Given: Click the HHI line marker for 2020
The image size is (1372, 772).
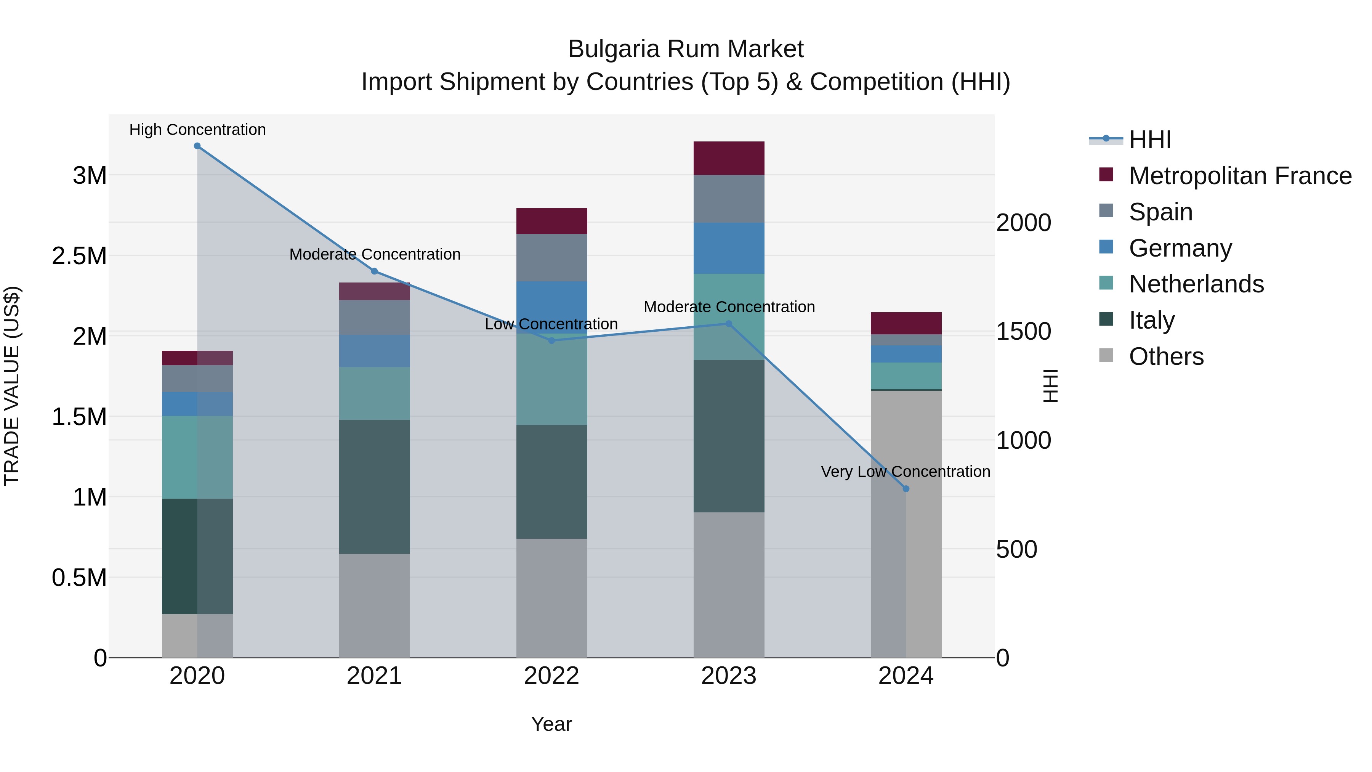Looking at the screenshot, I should point(197,146).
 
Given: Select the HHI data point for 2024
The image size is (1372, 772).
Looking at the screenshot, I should point(906,489).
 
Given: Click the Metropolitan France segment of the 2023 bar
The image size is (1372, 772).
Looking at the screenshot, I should point(729,158).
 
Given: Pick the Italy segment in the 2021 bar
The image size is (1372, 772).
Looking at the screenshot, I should point(374,486).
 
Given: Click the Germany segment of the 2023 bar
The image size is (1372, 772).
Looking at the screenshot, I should point(729,248).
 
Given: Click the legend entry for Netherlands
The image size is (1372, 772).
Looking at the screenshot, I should point(1196,284).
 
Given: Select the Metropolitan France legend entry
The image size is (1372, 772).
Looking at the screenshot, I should point(1240,176).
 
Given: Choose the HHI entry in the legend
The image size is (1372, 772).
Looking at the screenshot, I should point(1149,140).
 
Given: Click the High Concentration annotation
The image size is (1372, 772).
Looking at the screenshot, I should point(197,130).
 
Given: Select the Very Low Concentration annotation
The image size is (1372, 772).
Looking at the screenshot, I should point(906,472).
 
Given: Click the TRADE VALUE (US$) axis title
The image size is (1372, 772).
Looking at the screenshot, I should point(12,386).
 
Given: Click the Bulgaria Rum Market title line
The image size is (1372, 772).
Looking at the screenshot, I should point(686,49).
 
